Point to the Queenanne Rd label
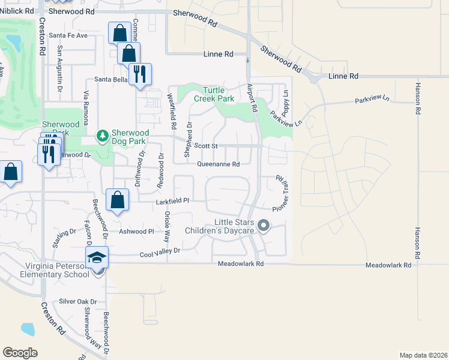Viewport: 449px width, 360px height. click(x=218, y=164)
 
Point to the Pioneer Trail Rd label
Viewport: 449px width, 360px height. click(x=280, y=193)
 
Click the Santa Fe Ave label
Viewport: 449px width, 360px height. click(x=68, y=35)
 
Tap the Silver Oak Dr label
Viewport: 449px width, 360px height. click(x=78, y=302)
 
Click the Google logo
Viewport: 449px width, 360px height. click(x=20, y=353)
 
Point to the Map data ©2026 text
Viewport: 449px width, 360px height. click(x=423, y=355)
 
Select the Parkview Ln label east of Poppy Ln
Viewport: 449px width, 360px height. click(x=372, y=100)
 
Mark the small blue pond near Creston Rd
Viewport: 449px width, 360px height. click(x=28, y=329)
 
